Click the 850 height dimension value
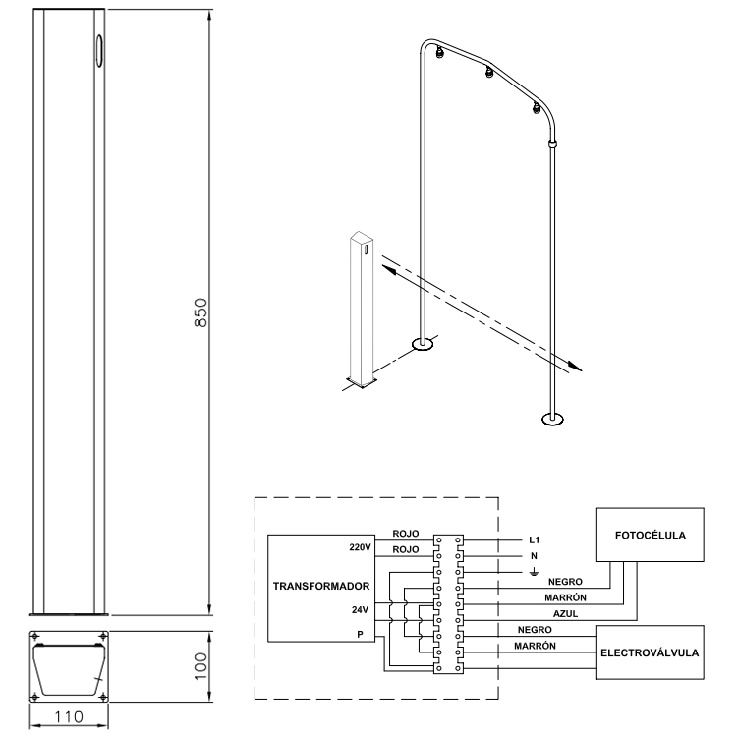[x=200, y=312]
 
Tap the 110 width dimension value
[x=69, y=717]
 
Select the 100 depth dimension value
[x=200, y=666]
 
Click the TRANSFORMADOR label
[x=321, y=586]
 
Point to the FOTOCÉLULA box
[x=651, y=535]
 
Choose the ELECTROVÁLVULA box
[x=651, y=652]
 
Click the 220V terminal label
[x=360, y=547]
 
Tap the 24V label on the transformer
[x=360, y=610]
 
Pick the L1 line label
[x=534, y=540]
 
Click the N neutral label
[x=534, y=556]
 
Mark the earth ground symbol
[x=534, y=572]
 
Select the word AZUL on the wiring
[x=565, y=614]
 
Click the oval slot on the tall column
[x=99, y=51]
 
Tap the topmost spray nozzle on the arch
[x=440, y=52]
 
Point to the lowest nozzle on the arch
[x=537, y=108]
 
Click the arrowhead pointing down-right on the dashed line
[x=575, y=367]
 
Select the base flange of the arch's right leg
[x=552, y=419]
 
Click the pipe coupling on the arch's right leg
[x=553, y=143]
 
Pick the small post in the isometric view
[x=362, y=310]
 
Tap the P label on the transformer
[x=360, y=635]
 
